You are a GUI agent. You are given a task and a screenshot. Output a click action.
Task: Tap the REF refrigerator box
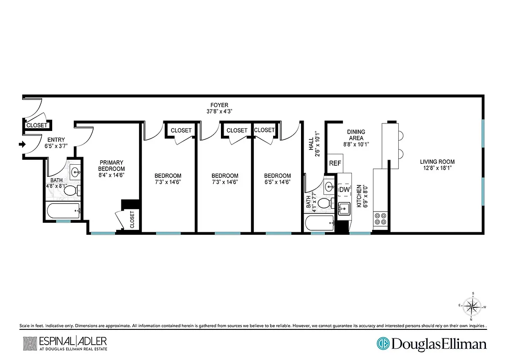(335, 163)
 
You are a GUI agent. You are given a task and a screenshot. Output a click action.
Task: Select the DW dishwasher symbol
(344, 190)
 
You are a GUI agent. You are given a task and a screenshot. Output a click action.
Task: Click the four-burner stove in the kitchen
(380, 218)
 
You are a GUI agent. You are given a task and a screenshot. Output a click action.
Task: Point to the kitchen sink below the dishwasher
(345, 209)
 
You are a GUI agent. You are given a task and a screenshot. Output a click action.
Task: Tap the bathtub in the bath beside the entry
(63, 210)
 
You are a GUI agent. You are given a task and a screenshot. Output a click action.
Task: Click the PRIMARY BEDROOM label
(112, 166)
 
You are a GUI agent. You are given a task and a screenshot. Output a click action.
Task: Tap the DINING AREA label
(355, 135)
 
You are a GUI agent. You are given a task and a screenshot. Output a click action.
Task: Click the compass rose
(472, 307)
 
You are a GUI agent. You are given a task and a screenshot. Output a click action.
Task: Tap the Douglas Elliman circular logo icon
(383, 344)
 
